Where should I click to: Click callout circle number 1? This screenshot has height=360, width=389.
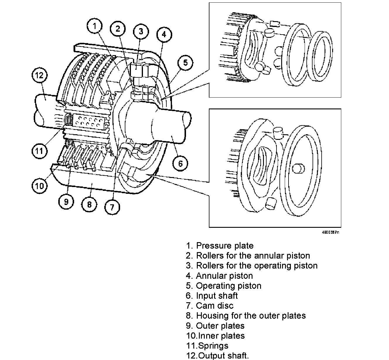tap(95, 26)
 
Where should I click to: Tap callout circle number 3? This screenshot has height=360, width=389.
tap(141, 31)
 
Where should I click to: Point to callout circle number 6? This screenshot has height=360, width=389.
tap(180, 163)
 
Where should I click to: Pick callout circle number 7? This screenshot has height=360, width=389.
tap(112, 207)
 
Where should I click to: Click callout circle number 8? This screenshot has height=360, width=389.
tap(89, 204)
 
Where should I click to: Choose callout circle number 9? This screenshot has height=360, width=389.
tap(66, 202)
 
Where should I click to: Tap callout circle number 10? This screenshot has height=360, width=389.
tap(40, 186)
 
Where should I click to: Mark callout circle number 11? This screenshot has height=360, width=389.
tap(40, 151)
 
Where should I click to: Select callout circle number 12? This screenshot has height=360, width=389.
tap(40, 75)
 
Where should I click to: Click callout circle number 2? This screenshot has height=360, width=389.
tap(118, 29)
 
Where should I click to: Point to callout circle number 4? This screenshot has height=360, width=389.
tap(164, 35)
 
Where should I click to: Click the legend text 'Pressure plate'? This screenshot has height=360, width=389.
tap(224, 246)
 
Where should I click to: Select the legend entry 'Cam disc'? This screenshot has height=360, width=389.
tap(214, 306)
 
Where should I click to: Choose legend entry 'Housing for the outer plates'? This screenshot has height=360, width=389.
tap(251, 316)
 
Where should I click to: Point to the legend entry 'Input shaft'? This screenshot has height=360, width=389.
tap(217, 296)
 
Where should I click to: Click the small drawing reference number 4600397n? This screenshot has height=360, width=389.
tap(330, 232)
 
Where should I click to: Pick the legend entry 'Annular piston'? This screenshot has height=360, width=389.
tap(224, 276)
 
